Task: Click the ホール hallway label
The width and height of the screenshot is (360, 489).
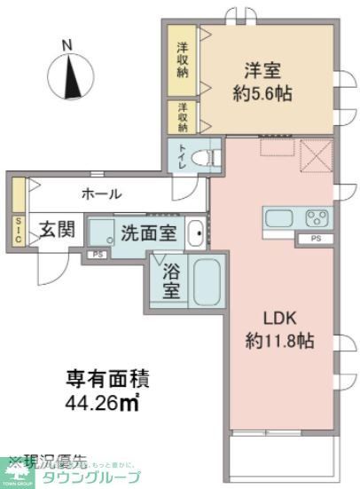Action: [101, 193]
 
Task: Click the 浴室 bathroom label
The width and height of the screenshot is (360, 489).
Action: [170, 281]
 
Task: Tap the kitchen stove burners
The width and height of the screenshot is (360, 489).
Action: [317, 218]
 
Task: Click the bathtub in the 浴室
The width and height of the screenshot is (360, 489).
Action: [208, 282]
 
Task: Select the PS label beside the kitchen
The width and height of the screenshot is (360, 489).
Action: [317, 240]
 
